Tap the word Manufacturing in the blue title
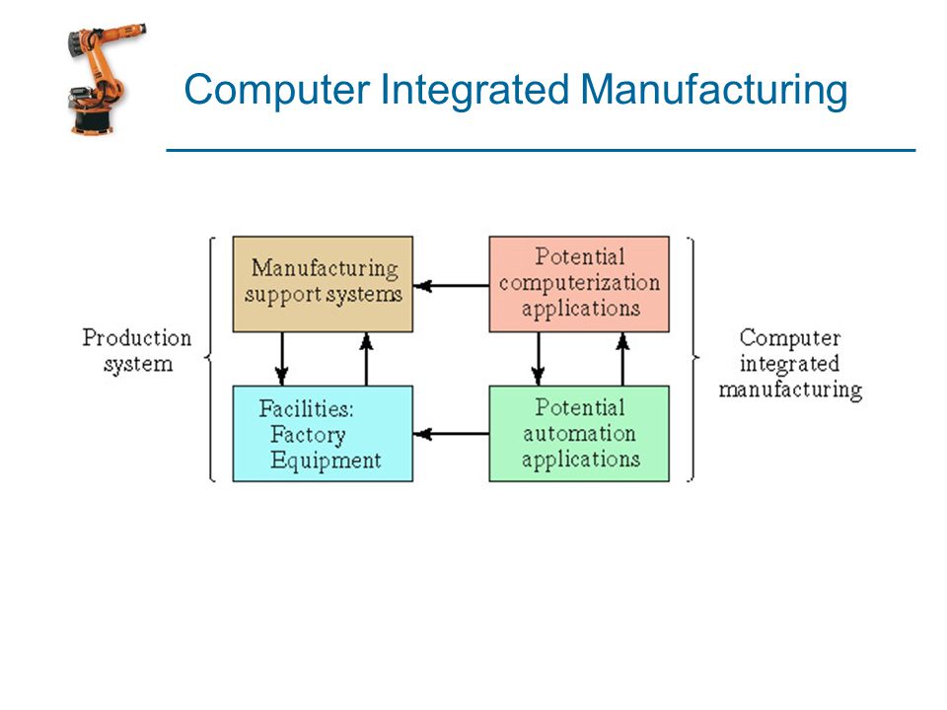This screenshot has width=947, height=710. (714, 90)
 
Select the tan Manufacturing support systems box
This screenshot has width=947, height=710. (323, 284)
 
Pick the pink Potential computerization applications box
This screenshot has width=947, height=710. (579, 284)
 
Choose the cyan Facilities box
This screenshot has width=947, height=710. (323, 434)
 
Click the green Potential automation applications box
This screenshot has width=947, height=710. (579, 434)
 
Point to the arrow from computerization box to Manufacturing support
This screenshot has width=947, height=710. (451, 285)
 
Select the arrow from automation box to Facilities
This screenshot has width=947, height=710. (451, 434)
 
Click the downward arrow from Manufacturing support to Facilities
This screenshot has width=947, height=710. (281, 359)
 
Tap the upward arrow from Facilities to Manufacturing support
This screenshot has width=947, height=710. (366, 359)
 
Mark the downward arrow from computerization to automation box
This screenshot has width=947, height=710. (539, 359)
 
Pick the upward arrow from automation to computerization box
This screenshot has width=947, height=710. (622, 359)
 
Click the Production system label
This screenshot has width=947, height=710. (137, 351)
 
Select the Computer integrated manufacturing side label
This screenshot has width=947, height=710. (790, 364)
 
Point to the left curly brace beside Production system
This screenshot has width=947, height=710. (210, 359)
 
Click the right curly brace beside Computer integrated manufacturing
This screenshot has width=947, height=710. (692, 359)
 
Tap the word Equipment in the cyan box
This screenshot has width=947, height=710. (326, 461)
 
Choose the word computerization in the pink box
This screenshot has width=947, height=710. (579, 283)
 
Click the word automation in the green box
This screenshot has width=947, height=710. (579, 434)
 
